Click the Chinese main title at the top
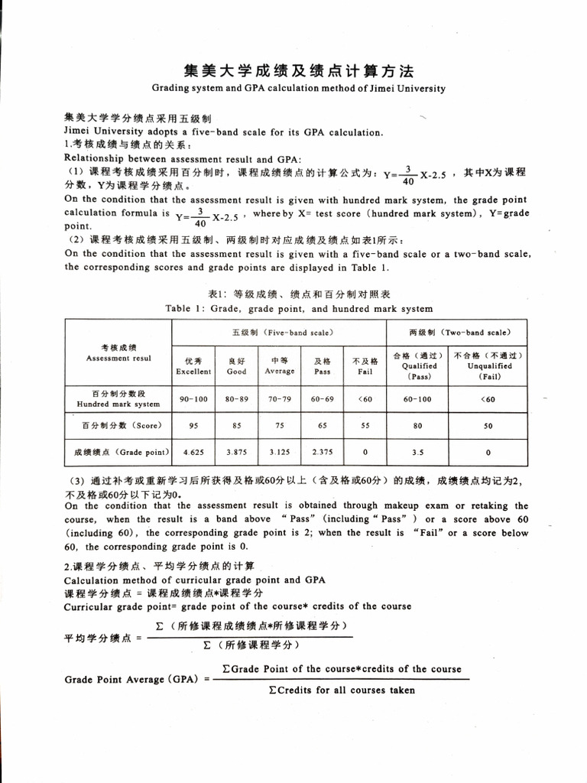[298, 71]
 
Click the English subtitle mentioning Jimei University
[298, 88]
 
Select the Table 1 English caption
[298, 309]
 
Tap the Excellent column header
[193, 366]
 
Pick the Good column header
[237, 366]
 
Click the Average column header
[280, 366]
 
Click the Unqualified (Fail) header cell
[488, 366]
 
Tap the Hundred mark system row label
[118, 399]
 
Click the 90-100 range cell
[193, 399]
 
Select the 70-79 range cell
[280, 399]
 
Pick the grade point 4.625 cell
[193, 452]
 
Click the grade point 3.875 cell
[237, 452]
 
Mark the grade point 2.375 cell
[323, 452]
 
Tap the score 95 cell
[193, 426]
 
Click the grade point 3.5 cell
[418, 452]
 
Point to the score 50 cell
[488, 426]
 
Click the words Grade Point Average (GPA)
[135, 680]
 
